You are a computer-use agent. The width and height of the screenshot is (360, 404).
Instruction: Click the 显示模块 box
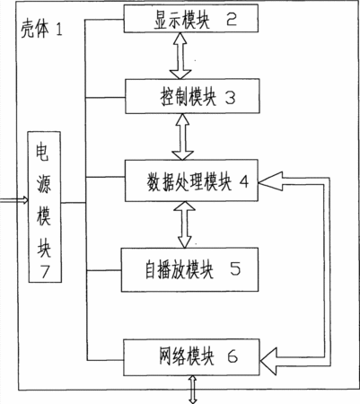(x=191, y=18)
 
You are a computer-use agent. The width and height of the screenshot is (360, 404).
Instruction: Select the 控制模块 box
(x=192, y=96)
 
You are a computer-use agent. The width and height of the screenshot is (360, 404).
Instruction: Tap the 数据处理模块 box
(x=191, y=180)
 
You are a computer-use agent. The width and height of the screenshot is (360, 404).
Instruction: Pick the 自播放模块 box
(x=189, y=269)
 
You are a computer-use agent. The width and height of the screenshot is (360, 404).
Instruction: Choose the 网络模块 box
(x=191, y=357)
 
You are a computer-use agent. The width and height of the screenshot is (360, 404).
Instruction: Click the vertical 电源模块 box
(x=45, y=206)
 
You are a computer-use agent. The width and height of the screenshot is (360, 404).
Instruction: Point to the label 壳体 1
(x=41, y=30)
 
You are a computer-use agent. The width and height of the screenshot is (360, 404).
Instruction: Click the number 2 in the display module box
(x=232, y=19)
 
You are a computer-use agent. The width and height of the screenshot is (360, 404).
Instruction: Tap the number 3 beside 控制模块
(x=230, y=98)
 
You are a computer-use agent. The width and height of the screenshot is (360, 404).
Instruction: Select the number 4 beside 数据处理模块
(x=244, y=181)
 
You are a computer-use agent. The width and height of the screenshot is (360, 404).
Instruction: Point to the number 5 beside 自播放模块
(x=235, y=268)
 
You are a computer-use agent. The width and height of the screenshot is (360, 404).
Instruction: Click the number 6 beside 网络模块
(x=233, y=356)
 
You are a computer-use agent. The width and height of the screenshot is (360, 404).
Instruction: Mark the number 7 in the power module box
(x=45, y=272)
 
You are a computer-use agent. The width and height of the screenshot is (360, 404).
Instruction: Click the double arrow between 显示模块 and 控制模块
(x=180, y=56)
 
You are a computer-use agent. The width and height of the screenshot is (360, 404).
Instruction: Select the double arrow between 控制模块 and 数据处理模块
(x=183, y=136)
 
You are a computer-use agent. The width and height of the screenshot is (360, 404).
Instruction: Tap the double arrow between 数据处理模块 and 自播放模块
(x=185, y=224)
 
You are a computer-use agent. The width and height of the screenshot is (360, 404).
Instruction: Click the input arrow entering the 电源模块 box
(x=14, y=200)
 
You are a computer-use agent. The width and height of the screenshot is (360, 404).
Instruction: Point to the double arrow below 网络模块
(x=193, y=390)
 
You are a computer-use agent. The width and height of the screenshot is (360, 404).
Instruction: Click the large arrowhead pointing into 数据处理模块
(x=270, y=181)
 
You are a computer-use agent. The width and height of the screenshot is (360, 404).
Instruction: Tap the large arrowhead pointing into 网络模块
(x=268, y=361)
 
